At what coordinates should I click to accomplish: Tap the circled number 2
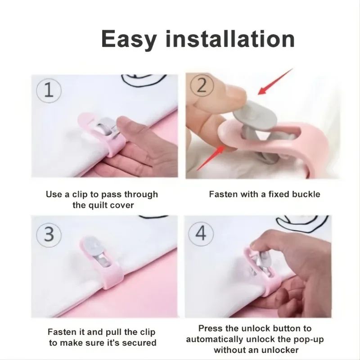coord(202,85)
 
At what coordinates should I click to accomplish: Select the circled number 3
coord(49,235)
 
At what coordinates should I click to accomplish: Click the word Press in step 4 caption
coord(210,328)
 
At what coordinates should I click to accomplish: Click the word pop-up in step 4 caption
coord(308,339)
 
